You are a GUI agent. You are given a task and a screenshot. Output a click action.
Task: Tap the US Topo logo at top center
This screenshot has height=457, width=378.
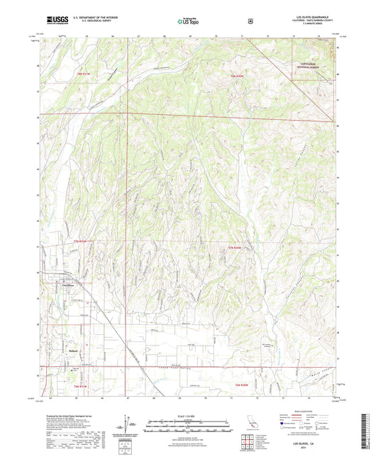(188, 21)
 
